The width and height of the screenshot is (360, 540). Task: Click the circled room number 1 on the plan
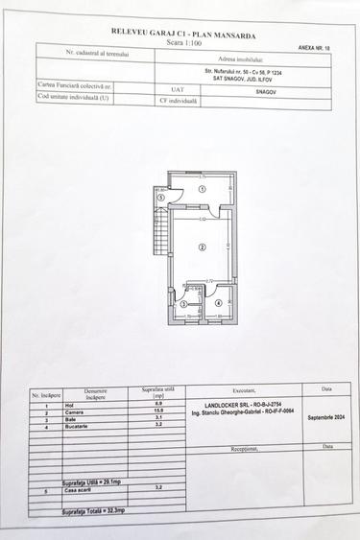pos(202,190)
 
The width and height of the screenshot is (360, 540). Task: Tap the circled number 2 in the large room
pos(202,247)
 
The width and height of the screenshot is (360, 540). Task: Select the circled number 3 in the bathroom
pos(184,304)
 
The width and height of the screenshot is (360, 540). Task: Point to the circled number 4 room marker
pos(219,304)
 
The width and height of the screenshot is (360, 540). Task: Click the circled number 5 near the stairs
pos(161,198)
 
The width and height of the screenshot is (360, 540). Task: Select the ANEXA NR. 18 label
pos(314,45)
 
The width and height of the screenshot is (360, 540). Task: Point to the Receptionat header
pos(251,447)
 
